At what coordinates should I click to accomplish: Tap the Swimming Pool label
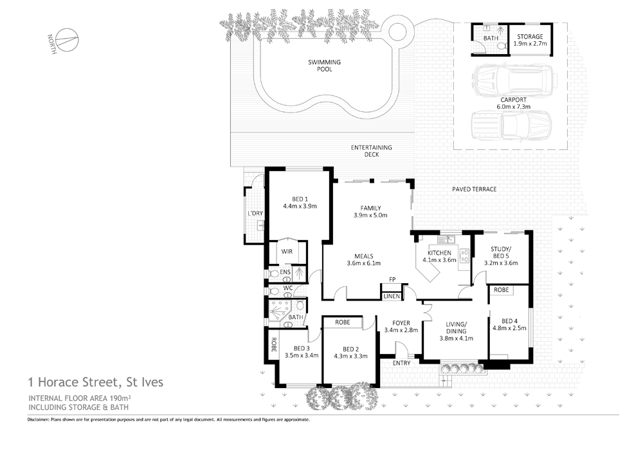(324, 65)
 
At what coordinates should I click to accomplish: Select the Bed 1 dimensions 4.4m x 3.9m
(300, 207)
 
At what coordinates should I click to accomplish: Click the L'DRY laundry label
(255, 213)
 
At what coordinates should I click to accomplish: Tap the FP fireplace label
(391, 279)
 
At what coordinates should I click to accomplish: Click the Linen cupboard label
(391, 296)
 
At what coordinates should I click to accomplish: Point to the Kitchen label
(439, 252)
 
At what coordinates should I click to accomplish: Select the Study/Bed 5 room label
(500, 255)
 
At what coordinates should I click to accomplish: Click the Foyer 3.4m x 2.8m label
(401, 326)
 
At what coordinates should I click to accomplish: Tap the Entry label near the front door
(401, 364)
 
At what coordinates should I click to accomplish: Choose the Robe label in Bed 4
(501, 290)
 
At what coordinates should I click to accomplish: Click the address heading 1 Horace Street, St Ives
(95, 382)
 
